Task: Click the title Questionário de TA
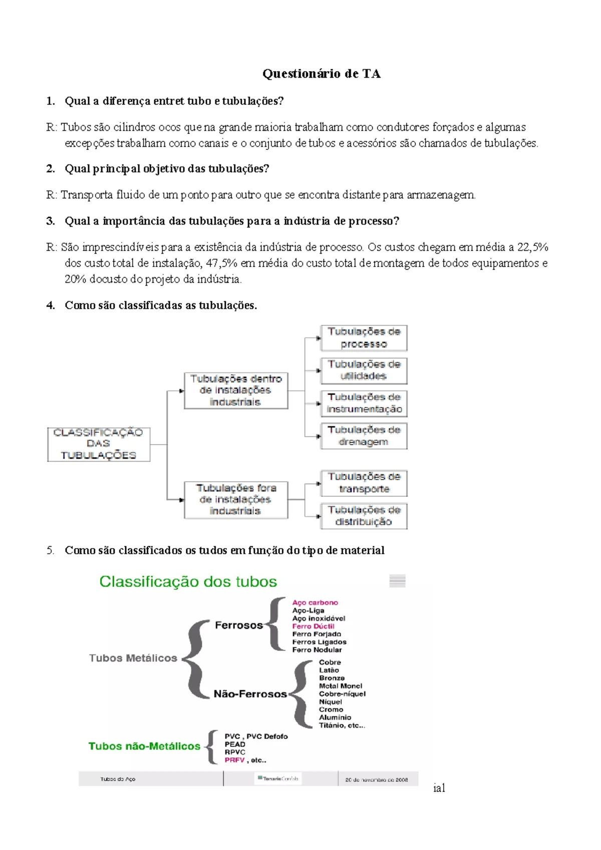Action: click(x=322, y=74)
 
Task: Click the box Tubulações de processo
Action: click(x=364, y=338)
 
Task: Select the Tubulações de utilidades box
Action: click(x=364, y=370)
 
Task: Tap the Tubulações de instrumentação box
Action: click(x=364, y=403)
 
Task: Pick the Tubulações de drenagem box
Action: click(x=364, y=436)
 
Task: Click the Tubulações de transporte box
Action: click(x=364, y=483)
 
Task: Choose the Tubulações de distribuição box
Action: click(x=364, y=516)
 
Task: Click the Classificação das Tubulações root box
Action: click(x=99, y=444)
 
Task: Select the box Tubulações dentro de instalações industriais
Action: click(x=236, y=390)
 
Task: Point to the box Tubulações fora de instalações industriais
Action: click(x=236, y=500)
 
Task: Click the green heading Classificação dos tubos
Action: click(x=188, y=581)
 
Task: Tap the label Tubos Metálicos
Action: click(x=133, y=658)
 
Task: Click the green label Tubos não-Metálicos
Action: click(x=144, y=746)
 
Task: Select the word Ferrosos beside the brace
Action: click(x=239, y=625)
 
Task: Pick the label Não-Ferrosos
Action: click(x=250, y=694)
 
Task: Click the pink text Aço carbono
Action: click(x=315, y=602)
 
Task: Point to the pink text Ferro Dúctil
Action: click(x=313, y=626)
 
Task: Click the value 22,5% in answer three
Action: click(x=533, y=247)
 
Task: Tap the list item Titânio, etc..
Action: click(x=342, y=725)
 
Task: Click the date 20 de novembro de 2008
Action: click(x=376, y=779)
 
